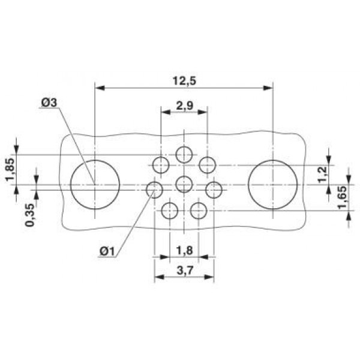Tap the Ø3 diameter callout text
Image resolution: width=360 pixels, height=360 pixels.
pos(49,103)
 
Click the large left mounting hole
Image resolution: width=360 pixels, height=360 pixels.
pos(95,184)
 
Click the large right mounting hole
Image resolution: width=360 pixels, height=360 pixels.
pos(273,184)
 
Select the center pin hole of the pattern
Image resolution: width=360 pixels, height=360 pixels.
pos(184,184)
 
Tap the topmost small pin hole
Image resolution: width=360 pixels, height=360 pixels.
pos(184,155)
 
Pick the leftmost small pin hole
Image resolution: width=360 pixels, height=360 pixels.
pos(155,190)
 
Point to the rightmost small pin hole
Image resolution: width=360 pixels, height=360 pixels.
pos(214,190)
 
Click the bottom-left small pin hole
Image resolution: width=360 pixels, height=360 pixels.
pos(170,210)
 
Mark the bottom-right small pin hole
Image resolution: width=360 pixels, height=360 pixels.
pos(199,210)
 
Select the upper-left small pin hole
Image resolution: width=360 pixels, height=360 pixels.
pos(161,164)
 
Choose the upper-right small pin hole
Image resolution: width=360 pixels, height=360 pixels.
pos(208,164)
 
